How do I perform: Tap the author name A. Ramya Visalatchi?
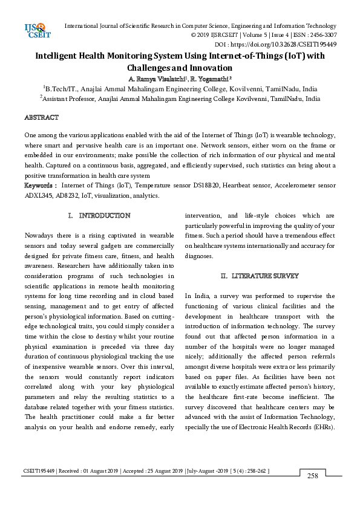156,79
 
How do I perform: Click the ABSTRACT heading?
41,117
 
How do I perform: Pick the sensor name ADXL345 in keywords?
39,195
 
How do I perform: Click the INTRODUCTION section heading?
105,215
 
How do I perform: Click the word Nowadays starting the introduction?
42,235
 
